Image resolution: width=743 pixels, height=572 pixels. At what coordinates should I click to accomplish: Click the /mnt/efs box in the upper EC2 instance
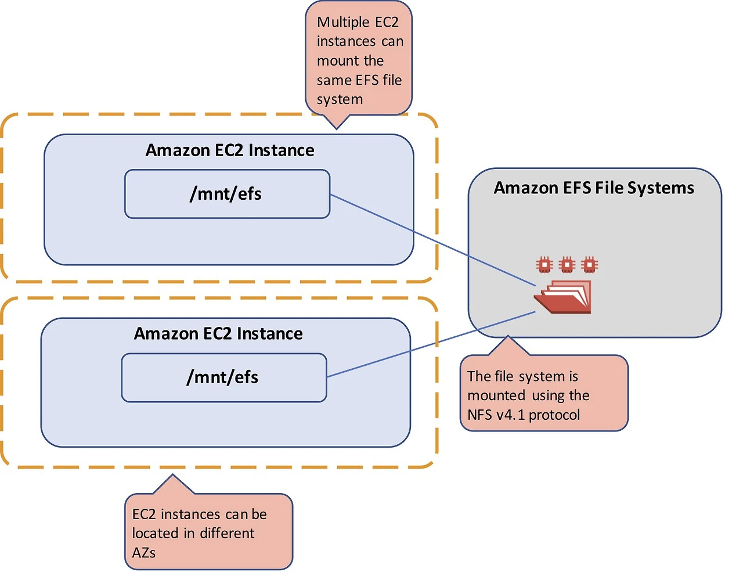click(x=227, y=194)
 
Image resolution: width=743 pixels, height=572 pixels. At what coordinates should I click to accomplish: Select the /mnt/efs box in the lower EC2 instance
click(x=223, y=377)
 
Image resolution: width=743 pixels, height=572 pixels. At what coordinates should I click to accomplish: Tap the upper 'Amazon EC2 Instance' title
click(x=230, y=150)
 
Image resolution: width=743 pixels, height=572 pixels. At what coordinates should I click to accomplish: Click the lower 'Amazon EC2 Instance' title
click(x=218, y=334)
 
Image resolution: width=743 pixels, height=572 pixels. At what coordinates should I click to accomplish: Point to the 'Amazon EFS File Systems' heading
click(x=594, y=188)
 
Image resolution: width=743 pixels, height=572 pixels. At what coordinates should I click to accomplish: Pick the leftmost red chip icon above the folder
click(x=544, y=265)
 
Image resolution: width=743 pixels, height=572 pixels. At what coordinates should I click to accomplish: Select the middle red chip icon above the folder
click(x=567, y=265)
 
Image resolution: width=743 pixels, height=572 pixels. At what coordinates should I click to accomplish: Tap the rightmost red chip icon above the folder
click(x=589, y=265)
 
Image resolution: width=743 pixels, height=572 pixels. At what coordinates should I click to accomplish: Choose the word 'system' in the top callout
click(x=340, y=100)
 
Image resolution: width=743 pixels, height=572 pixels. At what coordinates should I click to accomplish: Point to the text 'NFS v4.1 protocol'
click(x=524, y=415)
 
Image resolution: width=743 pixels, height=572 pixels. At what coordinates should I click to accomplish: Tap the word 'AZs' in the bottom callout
click(x=144, y=553)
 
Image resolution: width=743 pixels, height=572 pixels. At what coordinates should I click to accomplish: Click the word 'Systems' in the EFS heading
click(x=660, y=188)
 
